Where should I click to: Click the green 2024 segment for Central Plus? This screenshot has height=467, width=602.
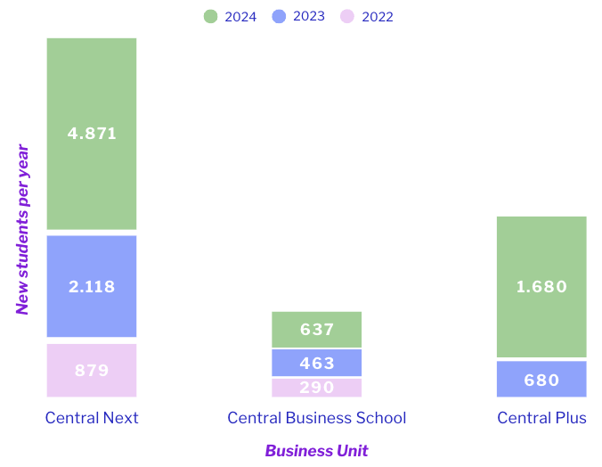[x=541, y=258]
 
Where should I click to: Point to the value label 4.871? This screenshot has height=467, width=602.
[x=92, y=134]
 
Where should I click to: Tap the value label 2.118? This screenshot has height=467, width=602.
[x=92, y=287]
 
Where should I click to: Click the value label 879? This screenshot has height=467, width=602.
[x=92, y=371]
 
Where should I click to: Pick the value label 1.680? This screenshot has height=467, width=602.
[x=541, y=287]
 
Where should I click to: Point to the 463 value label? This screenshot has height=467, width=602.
[x=317, y=364]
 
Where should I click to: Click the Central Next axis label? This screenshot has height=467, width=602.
[x=92, y=418]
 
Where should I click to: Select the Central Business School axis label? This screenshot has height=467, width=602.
[x=317, y=418]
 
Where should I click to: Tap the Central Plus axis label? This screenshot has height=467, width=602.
[x=541, y=418]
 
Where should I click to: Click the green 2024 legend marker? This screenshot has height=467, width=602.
[x=211, y=16]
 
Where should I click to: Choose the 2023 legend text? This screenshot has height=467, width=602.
[x=308, y=16]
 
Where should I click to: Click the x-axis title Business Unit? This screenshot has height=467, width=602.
[x=316, y=450]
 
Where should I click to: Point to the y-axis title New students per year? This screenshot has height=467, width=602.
[x=23, y=230]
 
